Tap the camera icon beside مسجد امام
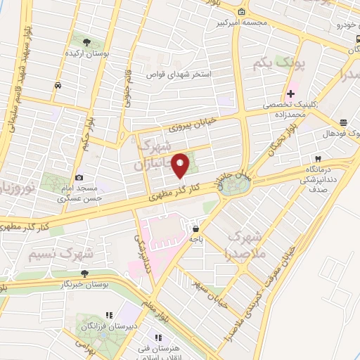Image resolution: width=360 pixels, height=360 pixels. click(79, 177)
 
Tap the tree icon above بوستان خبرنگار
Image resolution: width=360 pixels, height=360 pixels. click(85, 274)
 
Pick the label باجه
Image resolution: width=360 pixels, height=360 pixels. click(195, 239)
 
